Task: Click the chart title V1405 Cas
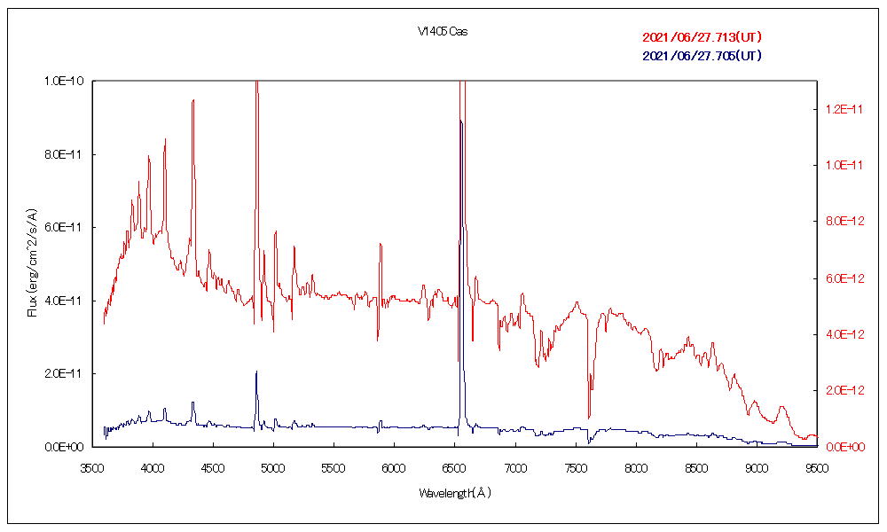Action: click(443, 31)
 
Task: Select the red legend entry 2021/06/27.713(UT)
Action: click(702, 37)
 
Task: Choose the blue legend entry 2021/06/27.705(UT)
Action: click(702, 56)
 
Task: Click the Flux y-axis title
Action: click(33, 262)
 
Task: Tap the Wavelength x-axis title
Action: click(454, 492)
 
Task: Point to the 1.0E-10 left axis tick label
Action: click(64, 81)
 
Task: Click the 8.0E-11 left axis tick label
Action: click(64, 154)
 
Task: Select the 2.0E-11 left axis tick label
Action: click(64, 373)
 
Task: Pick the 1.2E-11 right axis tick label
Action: click(839, 109)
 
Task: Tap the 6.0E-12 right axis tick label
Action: click(839, 278)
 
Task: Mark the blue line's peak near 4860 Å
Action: click(256, 372)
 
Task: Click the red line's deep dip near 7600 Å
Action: click(589, 417)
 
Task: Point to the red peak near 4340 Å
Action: click(192, 100)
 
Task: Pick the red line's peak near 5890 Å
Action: click(381, 243)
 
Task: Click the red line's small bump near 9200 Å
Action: click(781, 407)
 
